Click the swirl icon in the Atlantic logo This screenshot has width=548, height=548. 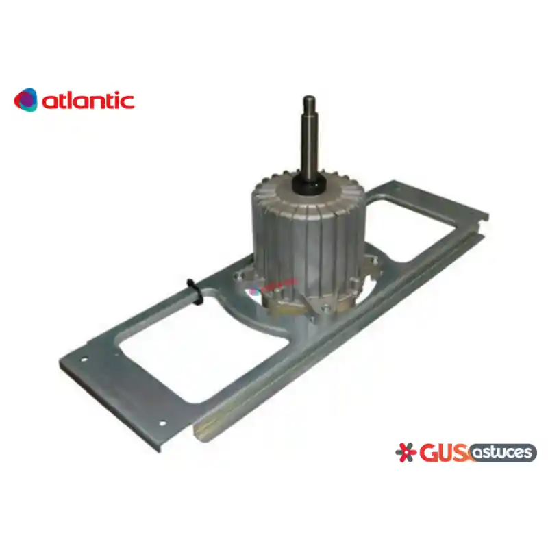point(25,100)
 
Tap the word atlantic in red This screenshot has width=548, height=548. point(88,101)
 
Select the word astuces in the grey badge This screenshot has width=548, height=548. point(502,452)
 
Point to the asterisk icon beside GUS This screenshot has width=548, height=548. point(406,453)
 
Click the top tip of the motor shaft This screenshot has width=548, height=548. point(310,97)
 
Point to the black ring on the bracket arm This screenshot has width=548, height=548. point(195,291)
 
